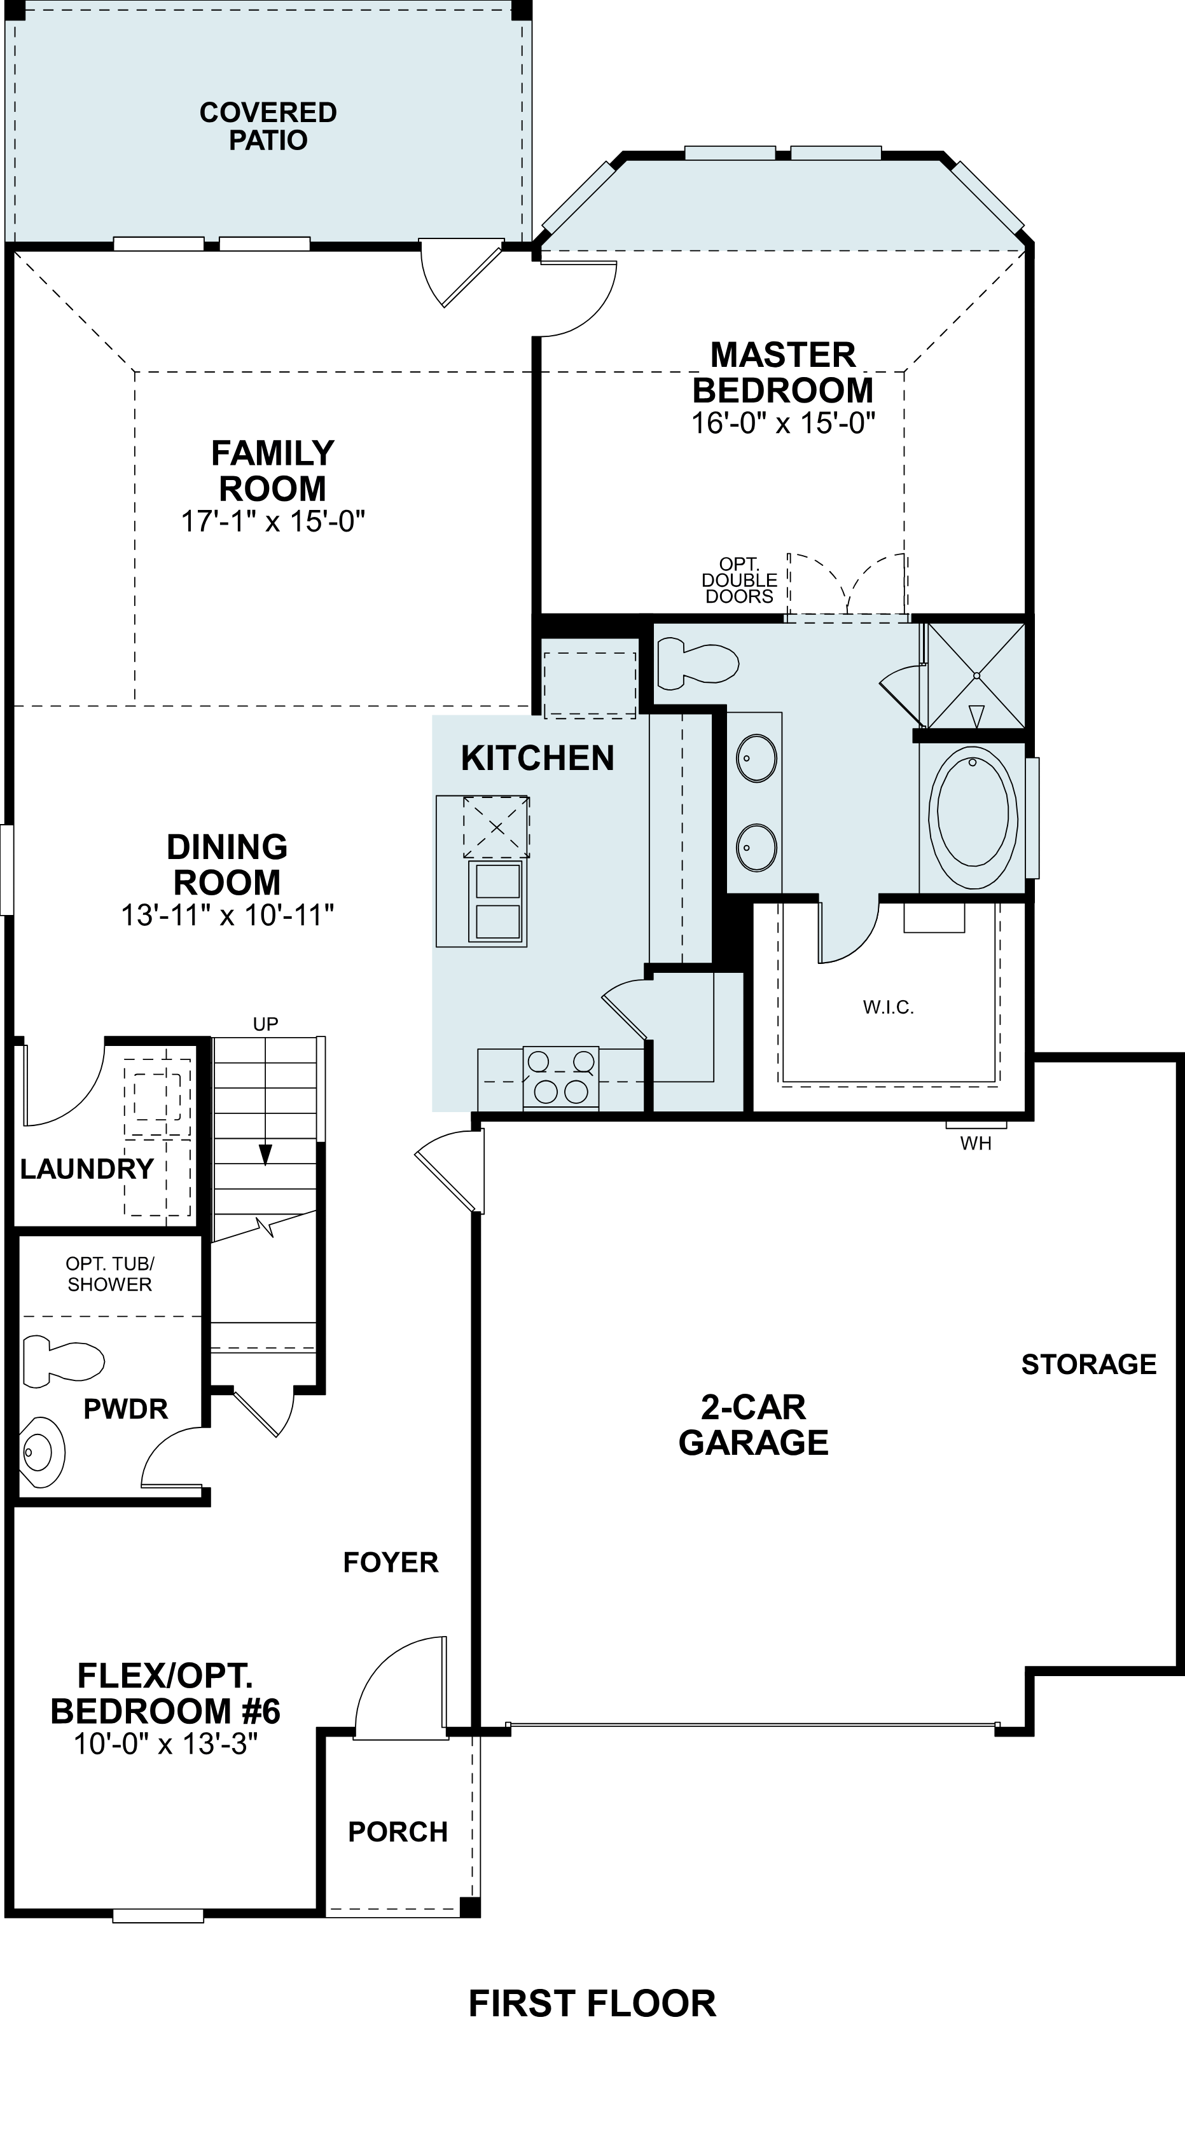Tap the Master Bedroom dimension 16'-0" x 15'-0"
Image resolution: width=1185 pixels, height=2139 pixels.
click(783, 423)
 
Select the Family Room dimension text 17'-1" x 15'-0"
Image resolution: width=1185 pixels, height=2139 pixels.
click(274, 521)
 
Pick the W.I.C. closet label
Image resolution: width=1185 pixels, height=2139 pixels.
click(888, 1008)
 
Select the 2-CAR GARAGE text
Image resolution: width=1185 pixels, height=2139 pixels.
click(753, 1425)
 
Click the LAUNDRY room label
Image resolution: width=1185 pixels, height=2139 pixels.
click(87, 1169)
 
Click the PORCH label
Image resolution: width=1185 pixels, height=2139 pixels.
click(398, 1832)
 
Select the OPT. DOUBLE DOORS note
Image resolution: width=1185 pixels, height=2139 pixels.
click(739, 581)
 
